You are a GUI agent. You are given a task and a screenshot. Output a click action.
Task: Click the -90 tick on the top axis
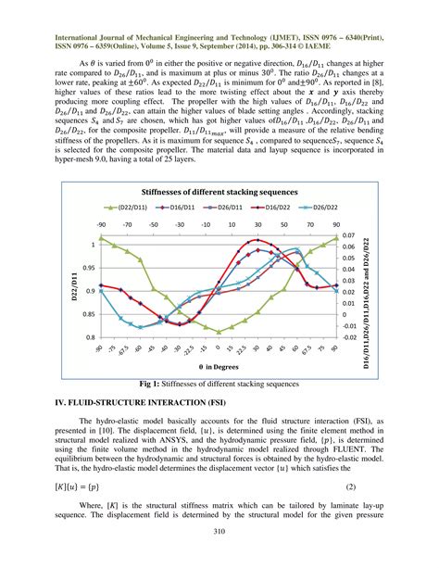coord(100,225)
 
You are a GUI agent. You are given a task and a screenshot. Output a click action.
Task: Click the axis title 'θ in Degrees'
coord(219,367)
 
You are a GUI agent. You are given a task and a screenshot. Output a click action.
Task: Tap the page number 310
coord(219,531)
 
